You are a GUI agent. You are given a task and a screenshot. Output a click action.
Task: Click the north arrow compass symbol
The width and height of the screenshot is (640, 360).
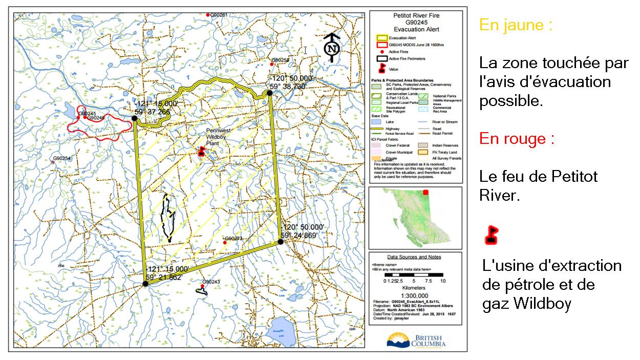(x=333, y=47)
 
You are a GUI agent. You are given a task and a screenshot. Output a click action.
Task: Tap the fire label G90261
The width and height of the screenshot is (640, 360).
(x=217, y=15)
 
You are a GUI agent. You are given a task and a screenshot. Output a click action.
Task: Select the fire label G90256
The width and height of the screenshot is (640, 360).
(x=280, y=60)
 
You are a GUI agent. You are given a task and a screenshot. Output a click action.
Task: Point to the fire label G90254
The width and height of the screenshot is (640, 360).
(x=61, y=159)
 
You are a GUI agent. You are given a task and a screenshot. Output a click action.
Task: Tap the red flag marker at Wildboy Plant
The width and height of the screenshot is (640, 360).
(x=202, y=151)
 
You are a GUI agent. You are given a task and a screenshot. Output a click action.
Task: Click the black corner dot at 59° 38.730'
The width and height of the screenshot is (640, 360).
(x=269, y=93)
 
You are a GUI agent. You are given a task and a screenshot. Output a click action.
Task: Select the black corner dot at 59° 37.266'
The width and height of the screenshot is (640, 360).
(x=134, y=118)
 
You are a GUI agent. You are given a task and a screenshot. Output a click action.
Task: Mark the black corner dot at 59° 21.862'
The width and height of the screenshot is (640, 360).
(x=145, y=283)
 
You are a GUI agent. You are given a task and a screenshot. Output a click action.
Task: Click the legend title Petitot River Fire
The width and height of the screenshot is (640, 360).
(x=416, y=16)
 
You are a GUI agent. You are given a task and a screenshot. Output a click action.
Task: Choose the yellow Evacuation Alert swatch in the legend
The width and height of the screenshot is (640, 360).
(x=381, y=38)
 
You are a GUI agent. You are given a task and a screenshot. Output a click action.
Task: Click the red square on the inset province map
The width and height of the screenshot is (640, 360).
(x=425, y=193)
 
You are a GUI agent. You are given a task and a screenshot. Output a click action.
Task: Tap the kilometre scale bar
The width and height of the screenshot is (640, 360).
(x=415, y=276)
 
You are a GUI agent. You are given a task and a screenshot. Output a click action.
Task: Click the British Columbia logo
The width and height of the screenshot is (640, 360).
(x=416, y=340)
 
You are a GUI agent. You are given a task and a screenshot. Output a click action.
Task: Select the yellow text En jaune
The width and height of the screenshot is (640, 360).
(x=516, y=26)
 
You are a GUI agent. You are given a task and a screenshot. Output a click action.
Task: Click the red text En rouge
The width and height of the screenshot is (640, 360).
(x=517, y=139)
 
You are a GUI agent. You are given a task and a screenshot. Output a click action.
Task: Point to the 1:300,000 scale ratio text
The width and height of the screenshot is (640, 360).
(x=415, y=295)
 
